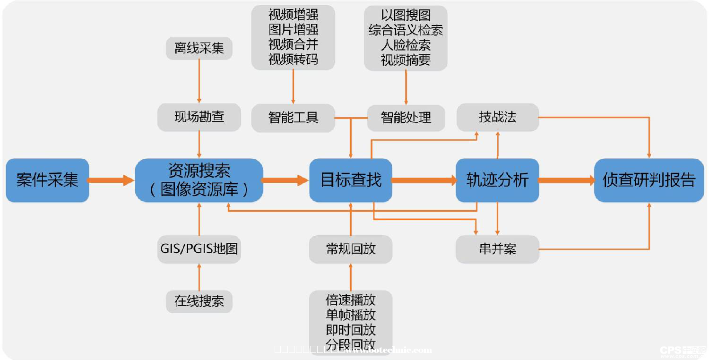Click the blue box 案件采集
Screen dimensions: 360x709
pyautogui.click(x=47, y=180)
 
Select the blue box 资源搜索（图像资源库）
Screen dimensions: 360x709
pyautogui.click(x=199, y=180)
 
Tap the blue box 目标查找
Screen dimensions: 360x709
pyautogui.click(x=351, y=180)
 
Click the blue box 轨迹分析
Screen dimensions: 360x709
pyautogui.click(x=497, y=180)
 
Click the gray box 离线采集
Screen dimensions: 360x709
pyautogui.click(x=199, y=48)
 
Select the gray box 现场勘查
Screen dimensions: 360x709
pyautogui.click(x=199, y=117)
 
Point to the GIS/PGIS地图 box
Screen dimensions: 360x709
pyautogui.click(x=199, y=249)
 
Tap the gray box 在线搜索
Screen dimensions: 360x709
pyautogui.click(x=199, y=301)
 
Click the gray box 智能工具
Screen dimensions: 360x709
pyautogui.click(x=293, y=118)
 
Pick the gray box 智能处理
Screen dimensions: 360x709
pyautogui.click(x=406, y=118)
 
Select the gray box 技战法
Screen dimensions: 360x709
pyautogui.click(x=497, y=117)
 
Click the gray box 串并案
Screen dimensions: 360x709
pyautogui.click(x=497, y=249)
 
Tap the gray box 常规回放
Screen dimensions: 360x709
pyautogui.click(x=351, y=249)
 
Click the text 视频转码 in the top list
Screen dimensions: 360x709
pyautogui.click(x=293, y=60)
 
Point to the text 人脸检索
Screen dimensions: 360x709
pyautogui.click(x=406, y=45)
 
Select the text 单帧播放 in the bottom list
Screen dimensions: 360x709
pyautogui.click(x=351, y=315)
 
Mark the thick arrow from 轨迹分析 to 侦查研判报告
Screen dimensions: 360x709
pyautogui.click(x=566, y=180)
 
